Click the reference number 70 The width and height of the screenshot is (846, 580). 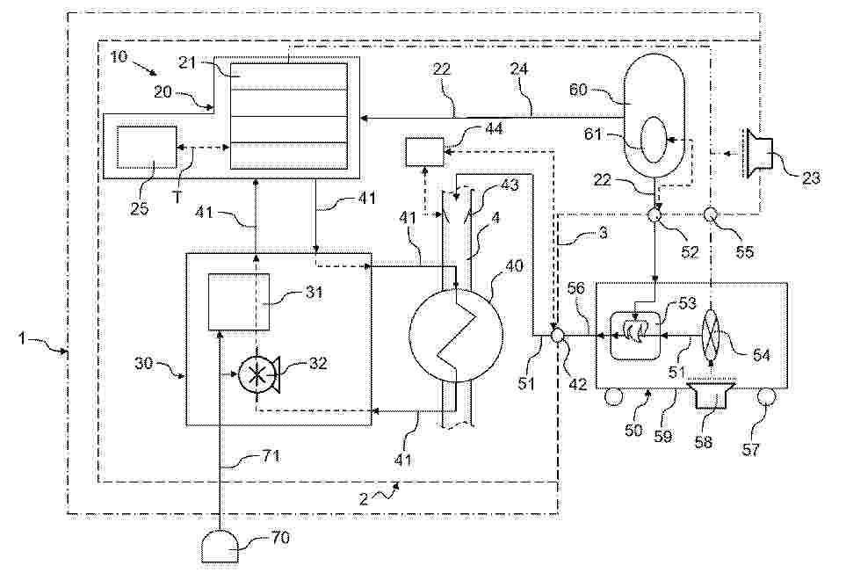(x=280, y=538)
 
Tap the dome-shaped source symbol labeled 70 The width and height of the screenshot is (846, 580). (x=221, y=548)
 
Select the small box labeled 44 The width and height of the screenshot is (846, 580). (x=425, y=152)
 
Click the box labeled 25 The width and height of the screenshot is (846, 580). (x=147, y=147)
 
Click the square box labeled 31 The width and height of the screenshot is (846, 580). (x=239, y=301)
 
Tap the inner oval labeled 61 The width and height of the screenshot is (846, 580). (x=654, y=141)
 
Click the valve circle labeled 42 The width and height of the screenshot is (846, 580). (x=558, y=336)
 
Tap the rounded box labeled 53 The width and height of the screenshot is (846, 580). (x=637, y=336)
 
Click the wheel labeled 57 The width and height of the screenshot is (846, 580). (x=765, y=399)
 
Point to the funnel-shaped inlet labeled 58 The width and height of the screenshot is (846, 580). (x=711, y=400)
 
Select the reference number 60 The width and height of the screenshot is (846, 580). (x=578, y=89)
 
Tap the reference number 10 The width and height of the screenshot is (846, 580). (x=119, y=56)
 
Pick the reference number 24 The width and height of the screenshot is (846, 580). (x=518, y=69)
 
